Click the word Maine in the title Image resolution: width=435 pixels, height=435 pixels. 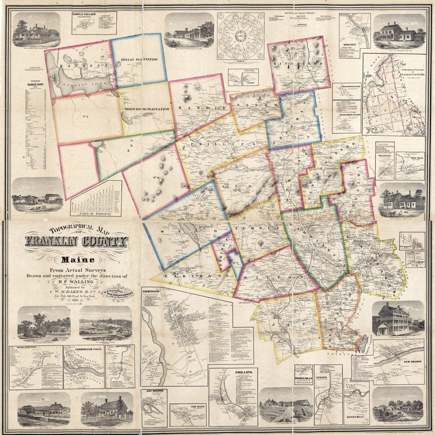coord(76,261)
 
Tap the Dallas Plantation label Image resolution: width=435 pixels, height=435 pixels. coord(139,59)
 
